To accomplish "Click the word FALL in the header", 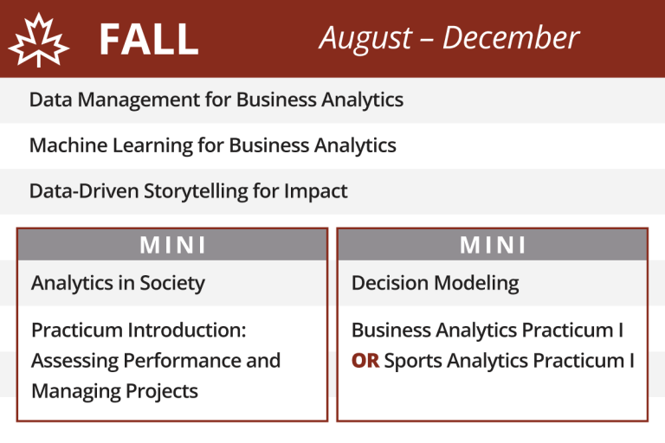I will pyautogui.click(x=148, y=39).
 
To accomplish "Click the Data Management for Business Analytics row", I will pyautogui.click(x=216, y=100).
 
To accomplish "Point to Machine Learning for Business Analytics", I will pyautogui.click(x=213, y=145).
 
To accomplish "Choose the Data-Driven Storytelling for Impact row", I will pyautogui.click(x=189, y=191).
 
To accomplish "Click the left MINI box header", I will pyautogui.click(x=172, y=245).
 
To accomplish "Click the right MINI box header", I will pyautogui.click(x=493, y=245).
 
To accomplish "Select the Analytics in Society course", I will pyautogui.click(x=118, y=283).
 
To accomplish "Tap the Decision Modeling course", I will pyautogui.click(x=435, y=283).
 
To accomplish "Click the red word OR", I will pyautogui.click(x=365, y=361).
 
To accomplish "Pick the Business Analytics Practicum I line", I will pyautogui.click(x=487, y=331).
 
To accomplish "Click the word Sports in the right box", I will pyautogui.click(x=411, y=361).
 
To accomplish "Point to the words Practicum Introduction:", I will pyautogui.click(x=139, y=331).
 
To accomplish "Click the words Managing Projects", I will pyautogui.click(x=114, y=391).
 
